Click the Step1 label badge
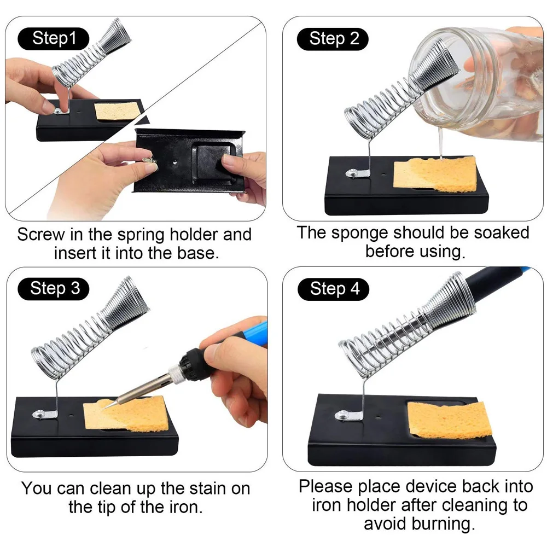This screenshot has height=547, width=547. [x=54, y=38]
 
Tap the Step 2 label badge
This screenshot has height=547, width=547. [x=333, y=39]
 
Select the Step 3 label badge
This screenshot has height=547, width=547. [x=54, y=288]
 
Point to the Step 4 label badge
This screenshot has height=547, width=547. [x=333, y=289]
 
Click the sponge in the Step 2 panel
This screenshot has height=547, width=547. [x=435, y=174]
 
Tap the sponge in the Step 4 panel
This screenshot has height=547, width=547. [x=450, y=420]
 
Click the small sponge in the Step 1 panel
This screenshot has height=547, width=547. [x=115, y=112]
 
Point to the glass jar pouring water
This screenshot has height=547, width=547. [x=478, y=84]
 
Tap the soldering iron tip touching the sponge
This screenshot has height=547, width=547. [x=107, y=407]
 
